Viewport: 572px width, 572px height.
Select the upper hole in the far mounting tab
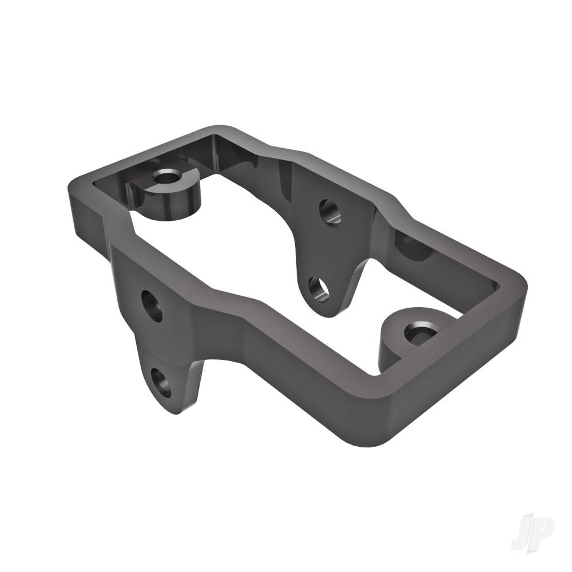click(329, 212)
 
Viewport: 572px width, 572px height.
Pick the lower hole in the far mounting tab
click(317, 288)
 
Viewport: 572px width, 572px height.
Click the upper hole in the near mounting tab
click(152, 305)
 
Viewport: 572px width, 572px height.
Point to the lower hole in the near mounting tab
click(161, 382)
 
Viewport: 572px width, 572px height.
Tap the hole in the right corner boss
click(420, 333)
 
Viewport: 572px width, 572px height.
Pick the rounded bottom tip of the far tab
click(326, 313)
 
